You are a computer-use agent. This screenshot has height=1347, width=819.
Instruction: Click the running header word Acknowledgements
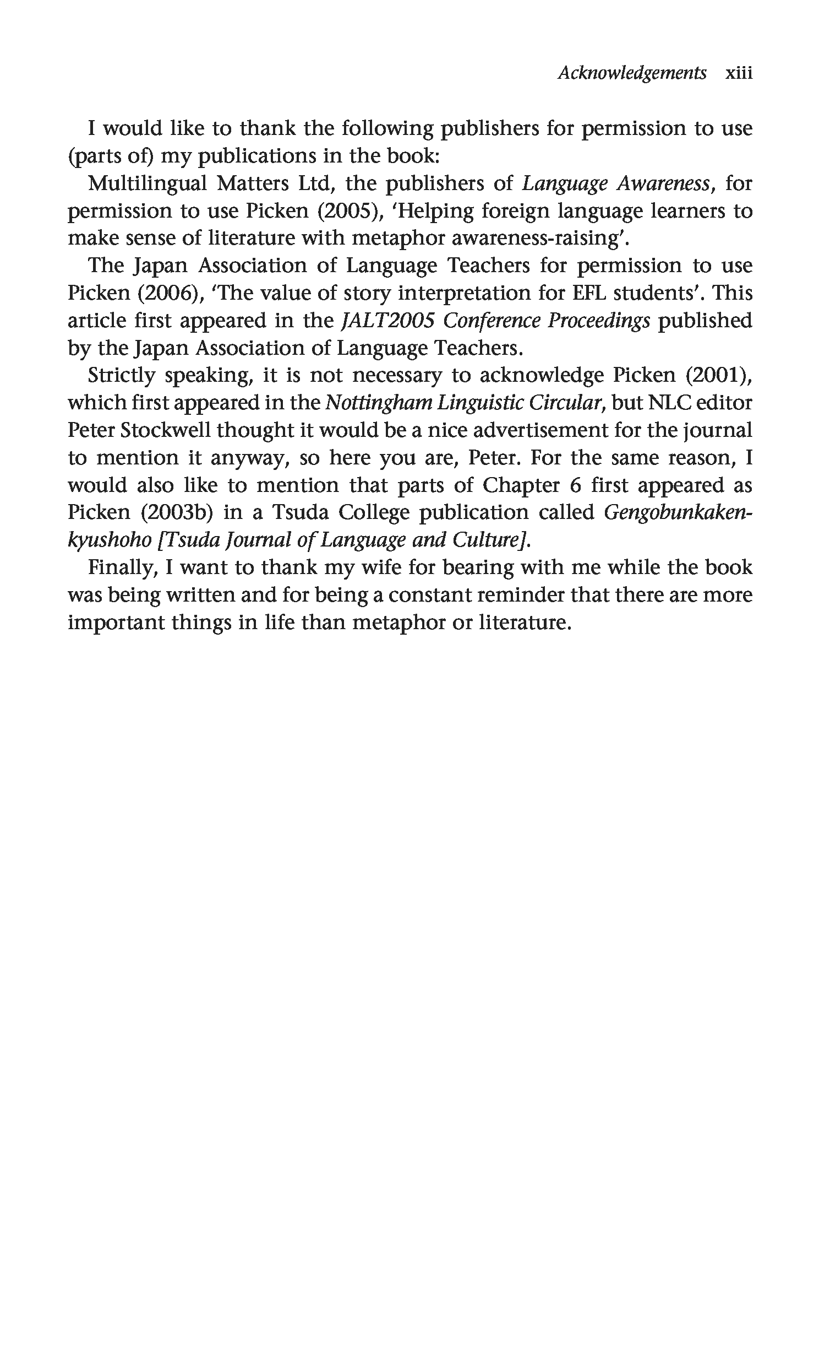tap(632, 73)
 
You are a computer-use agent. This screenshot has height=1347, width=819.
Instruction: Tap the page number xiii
tap(738, 73)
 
